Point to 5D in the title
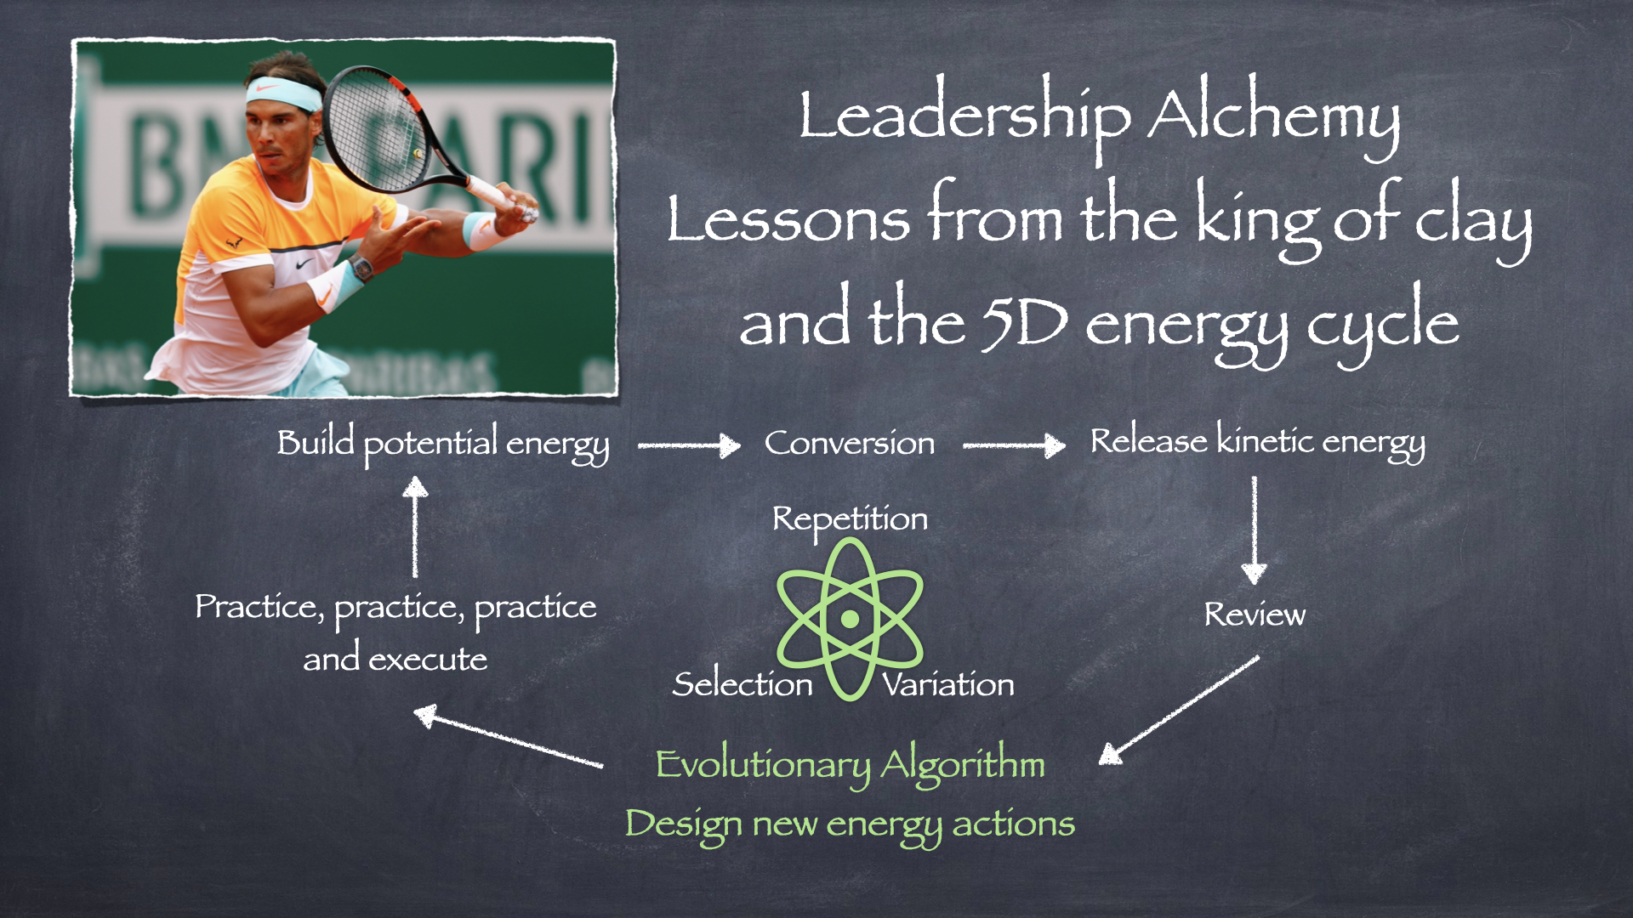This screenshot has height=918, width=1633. [x=1024, y=324]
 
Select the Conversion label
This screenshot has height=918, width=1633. [x=850, y=443]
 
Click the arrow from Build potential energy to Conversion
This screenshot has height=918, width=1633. [x=690, y=445]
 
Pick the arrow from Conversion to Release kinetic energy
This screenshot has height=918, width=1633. [x=1014, y=445]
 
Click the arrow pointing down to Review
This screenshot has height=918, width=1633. [x=1254, y=530]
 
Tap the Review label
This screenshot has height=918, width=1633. [x=1255, y=615]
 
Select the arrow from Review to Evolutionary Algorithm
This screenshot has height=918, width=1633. [x=1179, y=710]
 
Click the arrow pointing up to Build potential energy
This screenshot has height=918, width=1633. [x=415, y=527]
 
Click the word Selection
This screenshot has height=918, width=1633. [x=743, y=684]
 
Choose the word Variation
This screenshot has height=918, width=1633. [x=948, y=684]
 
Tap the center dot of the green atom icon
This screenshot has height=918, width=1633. [x=850, y=620]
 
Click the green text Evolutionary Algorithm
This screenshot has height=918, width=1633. [x=850, y=765]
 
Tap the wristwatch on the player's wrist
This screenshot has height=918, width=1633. [x=361, y=269]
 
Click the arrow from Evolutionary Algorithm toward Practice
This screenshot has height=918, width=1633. [x=509, y=736]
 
